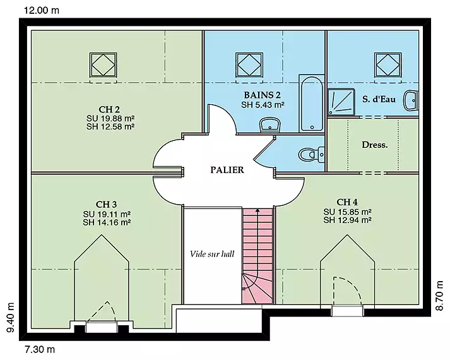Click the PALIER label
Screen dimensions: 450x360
coord(227,170)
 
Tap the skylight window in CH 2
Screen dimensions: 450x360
coord(103,65)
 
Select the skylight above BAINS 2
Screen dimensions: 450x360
coord(249,65)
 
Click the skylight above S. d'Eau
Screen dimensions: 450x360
coord(388,65)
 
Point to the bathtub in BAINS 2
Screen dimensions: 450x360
coord(312,104)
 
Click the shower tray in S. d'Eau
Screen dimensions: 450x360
coord(341,101)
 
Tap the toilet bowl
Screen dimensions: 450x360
coord(311,155)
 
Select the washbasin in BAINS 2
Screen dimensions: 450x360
coord(269,125)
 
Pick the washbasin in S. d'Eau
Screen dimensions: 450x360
coord(411,100)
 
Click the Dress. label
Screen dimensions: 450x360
coord(374,145)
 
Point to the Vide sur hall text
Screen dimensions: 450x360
coord(212,254)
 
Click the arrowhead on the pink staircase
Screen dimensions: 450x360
coord(258,211)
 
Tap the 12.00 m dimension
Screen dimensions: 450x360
coord(42,10)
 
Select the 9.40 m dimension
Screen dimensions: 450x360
coord(10,317)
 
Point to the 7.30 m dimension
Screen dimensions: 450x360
coord(40,350)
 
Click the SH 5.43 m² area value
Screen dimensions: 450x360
coord(263,105)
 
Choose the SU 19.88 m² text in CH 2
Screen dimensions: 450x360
coord(110,118)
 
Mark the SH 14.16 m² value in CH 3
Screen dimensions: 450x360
coord(107,222)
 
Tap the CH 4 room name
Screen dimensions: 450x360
coord(347,202)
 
